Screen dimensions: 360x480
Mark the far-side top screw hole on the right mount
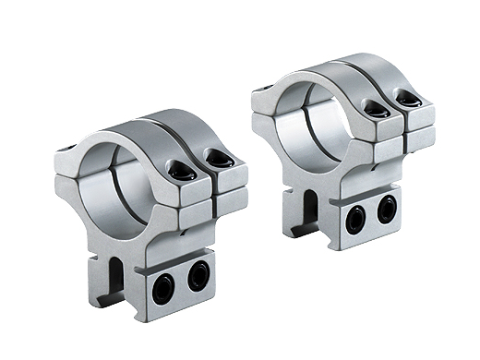coord(264,90)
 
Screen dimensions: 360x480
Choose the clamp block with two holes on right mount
coord(369,217)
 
